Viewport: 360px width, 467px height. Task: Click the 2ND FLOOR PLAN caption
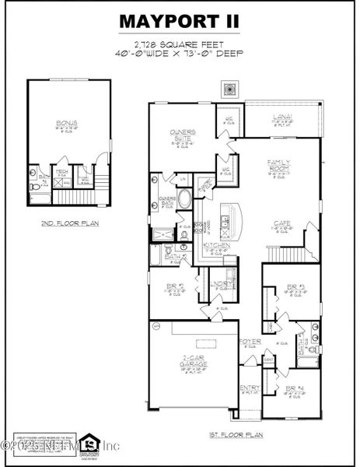[64, 223]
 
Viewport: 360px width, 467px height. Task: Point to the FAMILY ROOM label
[278, 167]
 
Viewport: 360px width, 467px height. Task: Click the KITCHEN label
[216, 245]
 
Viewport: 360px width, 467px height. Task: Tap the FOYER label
[249, 341]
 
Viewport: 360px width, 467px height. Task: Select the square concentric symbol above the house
[229, 87]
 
